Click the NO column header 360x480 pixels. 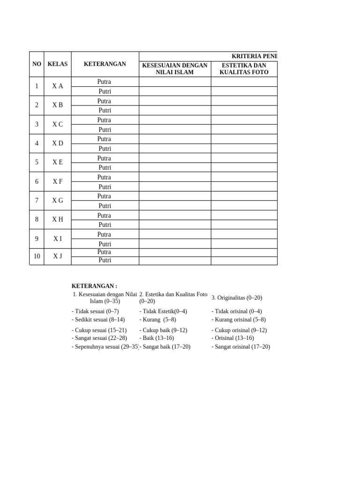click(x=37, y=64)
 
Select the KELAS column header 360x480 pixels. click(x=58, y=64)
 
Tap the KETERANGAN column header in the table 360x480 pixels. click(x=105, y=64)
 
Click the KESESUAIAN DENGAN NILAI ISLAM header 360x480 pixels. click(x=175, y=68)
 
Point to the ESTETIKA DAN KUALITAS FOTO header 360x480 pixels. click(x=244, y=68)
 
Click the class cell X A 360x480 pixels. click(x=58, y=86)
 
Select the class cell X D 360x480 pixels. click(x=58, y=143)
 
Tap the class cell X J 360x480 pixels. click(x=58, y=256)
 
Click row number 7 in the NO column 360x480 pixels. click(x=37, y=201)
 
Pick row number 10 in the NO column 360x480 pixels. click(x=37, y=256)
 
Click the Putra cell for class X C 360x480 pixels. click(x=104, y=120)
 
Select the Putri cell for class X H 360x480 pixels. click(x=105, y=225)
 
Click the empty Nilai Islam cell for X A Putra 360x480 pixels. click(x=175, y=82)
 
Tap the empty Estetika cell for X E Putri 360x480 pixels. click(x=244, y=167)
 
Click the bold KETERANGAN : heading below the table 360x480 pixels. click(x=94, y=286)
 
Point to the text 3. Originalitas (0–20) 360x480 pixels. click(x=237, y=298)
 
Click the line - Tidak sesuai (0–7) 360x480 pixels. click(x=95, y=311)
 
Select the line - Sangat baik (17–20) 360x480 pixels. click(x=165, y=347)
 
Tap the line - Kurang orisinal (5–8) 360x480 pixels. click(x=239, y=320)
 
